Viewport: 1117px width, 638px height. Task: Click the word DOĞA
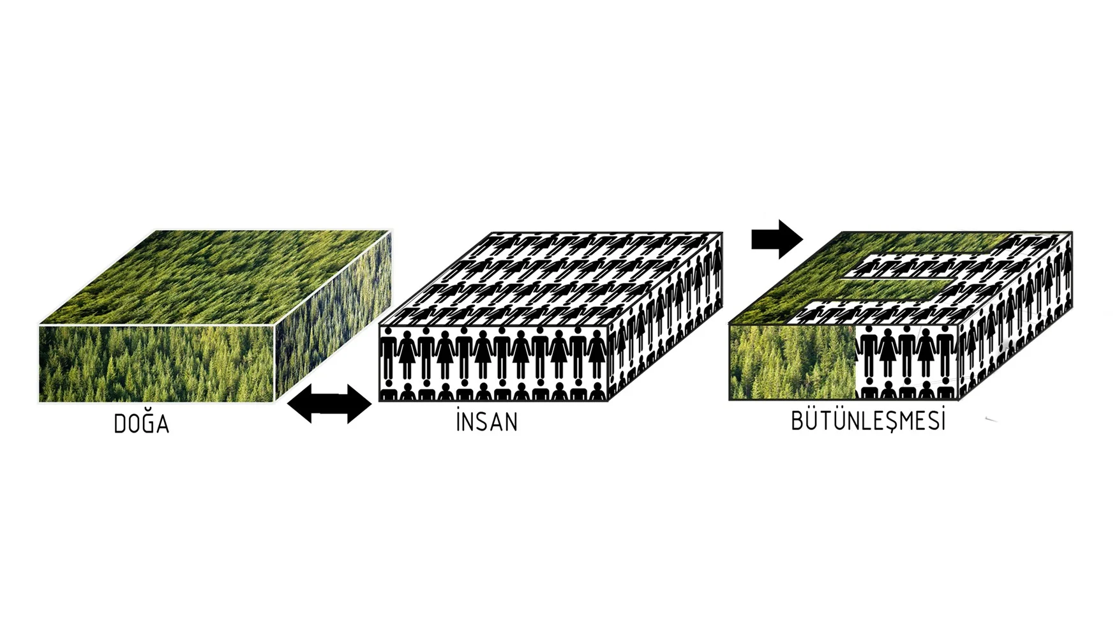click(141, 423)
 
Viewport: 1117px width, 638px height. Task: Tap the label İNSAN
click(487, 421)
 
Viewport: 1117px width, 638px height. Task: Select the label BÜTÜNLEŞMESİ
click(868, 420)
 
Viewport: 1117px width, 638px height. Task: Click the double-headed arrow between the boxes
click(329, 403)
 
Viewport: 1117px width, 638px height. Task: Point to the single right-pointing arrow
click(777, 239)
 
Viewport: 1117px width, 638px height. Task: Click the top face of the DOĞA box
click(216, 278)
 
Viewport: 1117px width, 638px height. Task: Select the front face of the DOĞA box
click(156, 364)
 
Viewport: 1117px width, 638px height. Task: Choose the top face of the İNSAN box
click(551, 279)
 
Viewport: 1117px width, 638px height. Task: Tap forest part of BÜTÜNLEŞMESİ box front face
click(792, 362)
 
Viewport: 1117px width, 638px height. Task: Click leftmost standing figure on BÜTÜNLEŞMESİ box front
click(866, 354)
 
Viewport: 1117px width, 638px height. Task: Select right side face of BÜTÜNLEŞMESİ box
click(1016, 316)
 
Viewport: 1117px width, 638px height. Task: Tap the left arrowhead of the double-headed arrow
click(300, 403)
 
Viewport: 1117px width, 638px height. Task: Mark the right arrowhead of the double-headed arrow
click(359, 403)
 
